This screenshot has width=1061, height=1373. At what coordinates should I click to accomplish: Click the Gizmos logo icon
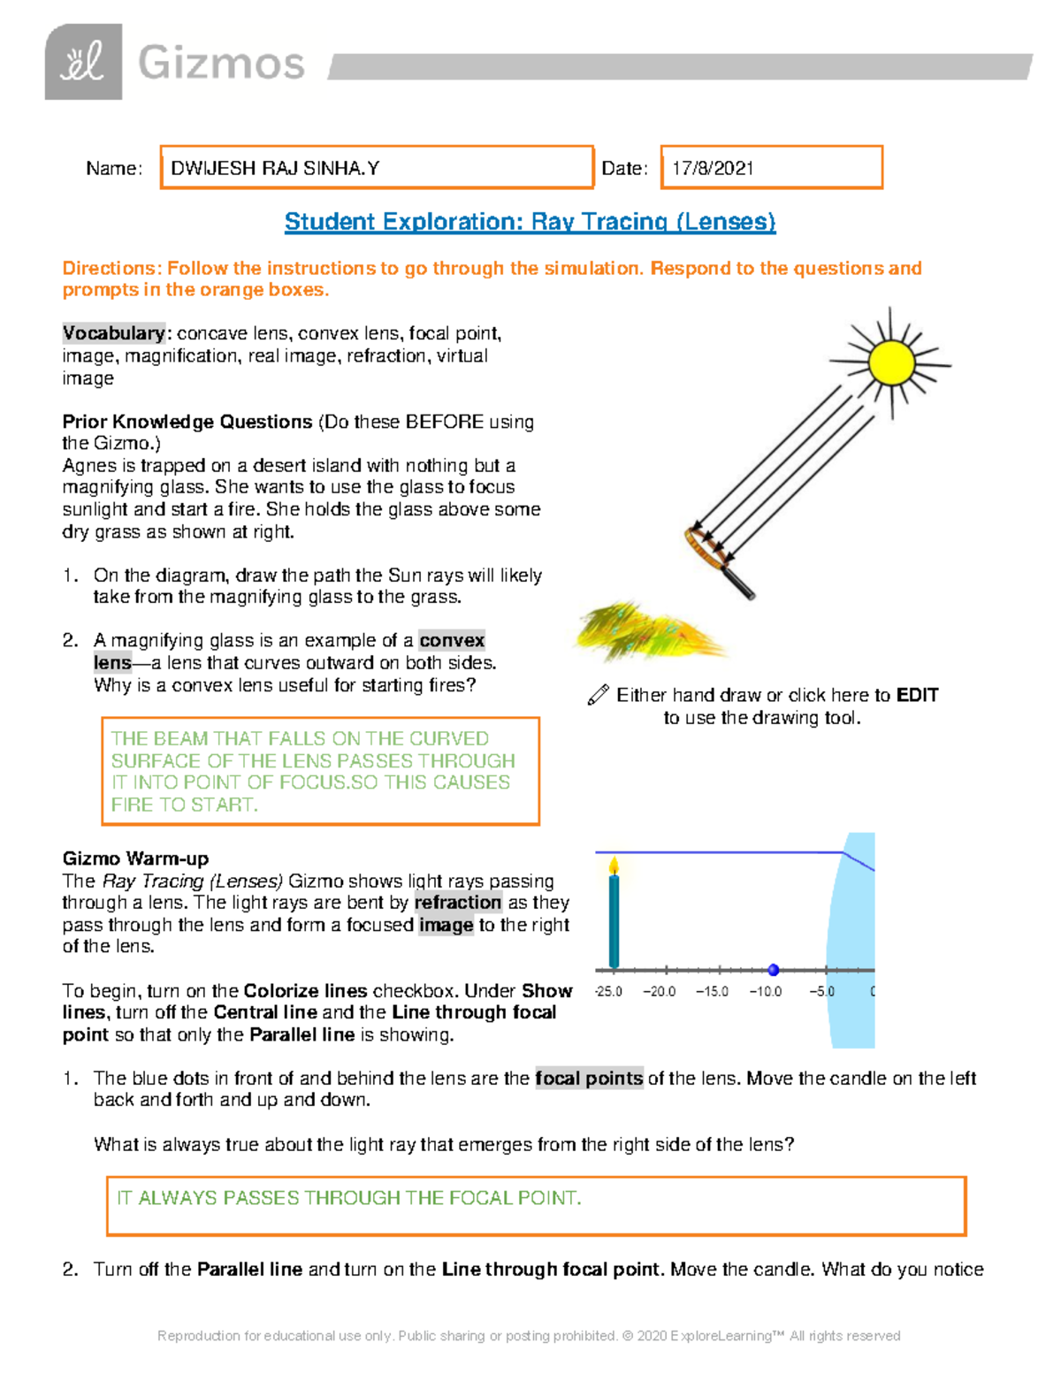[x=83, y=62]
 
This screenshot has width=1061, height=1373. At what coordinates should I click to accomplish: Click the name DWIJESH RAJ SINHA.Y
[x=275, y=168]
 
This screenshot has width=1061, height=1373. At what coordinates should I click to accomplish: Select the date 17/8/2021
[x=713, y=168]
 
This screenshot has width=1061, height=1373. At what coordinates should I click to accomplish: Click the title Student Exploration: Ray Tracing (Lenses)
[x=530, y=222]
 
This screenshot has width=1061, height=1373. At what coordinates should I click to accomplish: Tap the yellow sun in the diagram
[x=890, y=362]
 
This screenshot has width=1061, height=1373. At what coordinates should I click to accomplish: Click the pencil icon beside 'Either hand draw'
[x=598, y=696]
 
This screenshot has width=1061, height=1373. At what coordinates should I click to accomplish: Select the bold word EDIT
[x=917, y=696]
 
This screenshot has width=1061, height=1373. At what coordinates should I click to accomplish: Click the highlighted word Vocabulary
[x=113, y=333]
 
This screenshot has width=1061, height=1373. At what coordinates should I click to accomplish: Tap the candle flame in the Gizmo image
[x=614, y=866]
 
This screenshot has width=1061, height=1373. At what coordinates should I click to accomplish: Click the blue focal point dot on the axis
[x=774, y=970]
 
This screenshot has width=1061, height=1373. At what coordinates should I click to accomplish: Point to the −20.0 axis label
[x=659, y=992]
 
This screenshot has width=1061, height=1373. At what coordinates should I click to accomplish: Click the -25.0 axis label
[x=608, y=992]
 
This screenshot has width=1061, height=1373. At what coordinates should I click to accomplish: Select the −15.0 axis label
[x=712, y=992]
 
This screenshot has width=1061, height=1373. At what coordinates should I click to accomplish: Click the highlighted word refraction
[x=457, y=903]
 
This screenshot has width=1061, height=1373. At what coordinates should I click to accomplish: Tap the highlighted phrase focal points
[x=589, y=1079]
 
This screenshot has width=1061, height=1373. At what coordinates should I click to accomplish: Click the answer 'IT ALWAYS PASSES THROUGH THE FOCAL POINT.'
[x=349, y=1198]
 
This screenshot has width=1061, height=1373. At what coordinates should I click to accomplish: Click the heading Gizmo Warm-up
[x=135, y=858]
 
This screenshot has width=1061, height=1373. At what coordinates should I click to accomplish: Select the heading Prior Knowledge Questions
[x=187, y=422]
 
